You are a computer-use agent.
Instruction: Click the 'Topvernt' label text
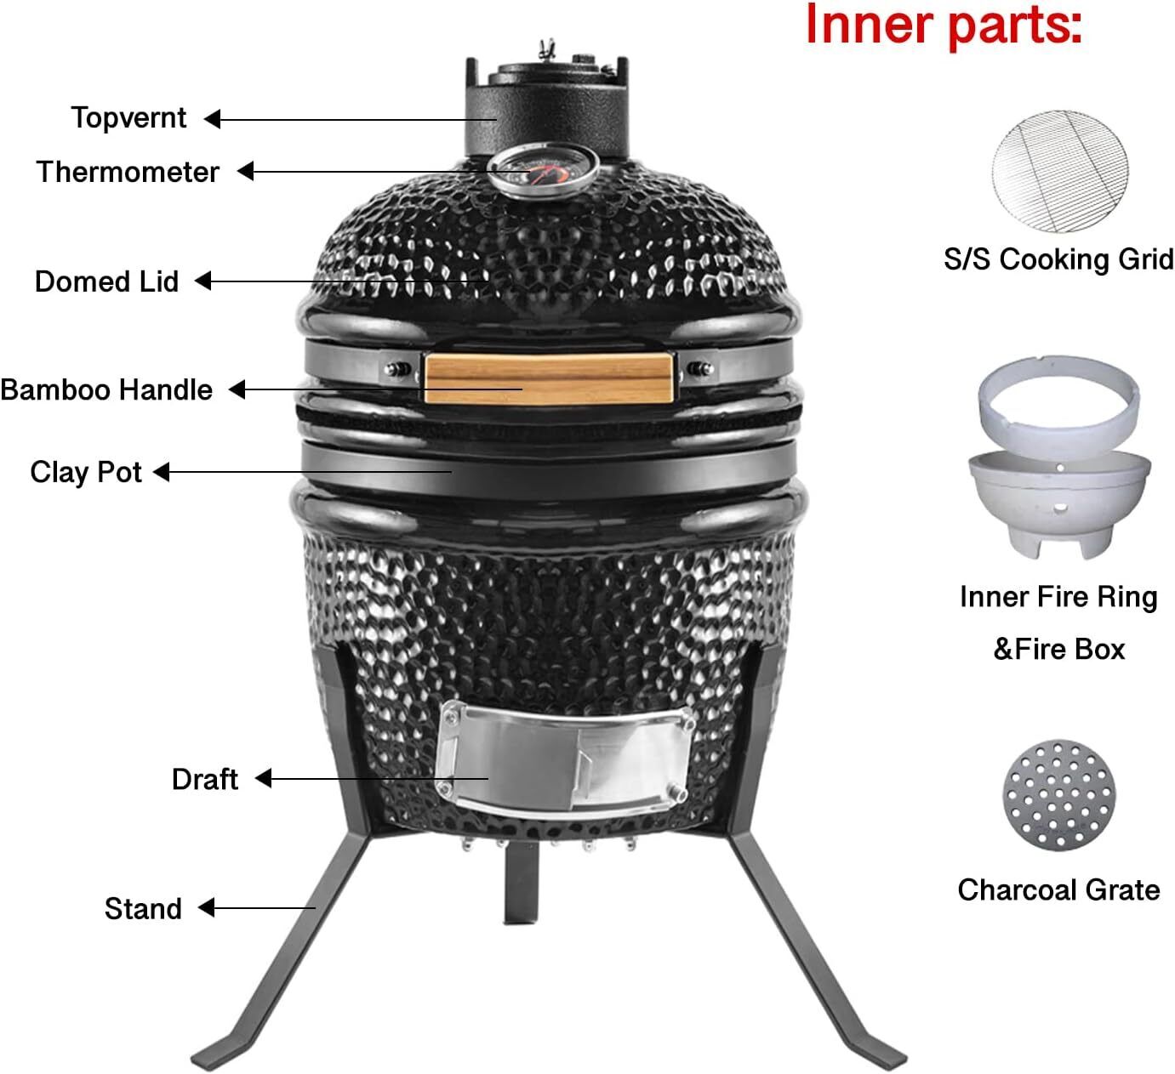pos(128,118)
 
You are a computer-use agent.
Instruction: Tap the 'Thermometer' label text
pos(128,172)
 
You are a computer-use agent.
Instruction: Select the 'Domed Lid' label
pos(106,281)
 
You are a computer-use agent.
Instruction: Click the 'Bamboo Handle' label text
pos(106,390)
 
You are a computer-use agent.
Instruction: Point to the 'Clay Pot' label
pos(86,473)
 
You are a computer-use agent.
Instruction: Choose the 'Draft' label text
pos(205,780)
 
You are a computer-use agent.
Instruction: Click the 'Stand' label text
pos(143,909)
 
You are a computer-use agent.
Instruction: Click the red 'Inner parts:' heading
pos(944,26)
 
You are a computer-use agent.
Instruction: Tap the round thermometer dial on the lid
pos(543,170)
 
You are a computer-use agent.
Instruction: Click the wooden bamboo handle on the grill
pos(548,378)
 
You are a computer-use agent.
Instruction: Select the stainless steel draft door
pos(563,759)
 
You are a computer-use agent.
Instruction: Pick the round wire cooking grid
pos(1060,171)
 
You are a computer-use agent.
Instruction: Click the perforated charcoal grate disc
pos(1059,796)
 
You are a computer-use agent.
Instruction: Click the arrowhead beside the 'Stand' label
pos(207,908)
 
